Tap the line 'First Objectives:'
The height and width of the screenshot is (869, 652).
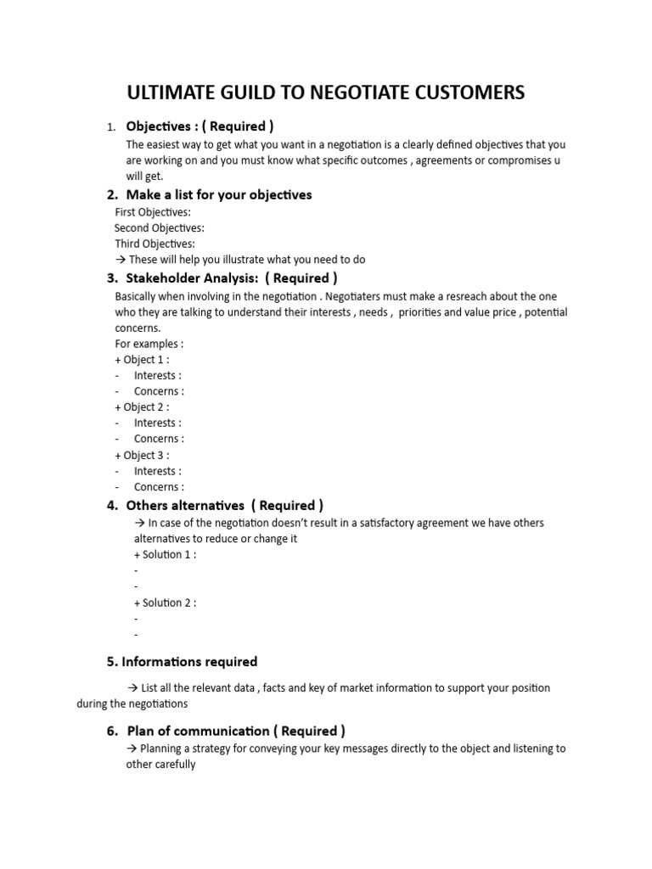153,212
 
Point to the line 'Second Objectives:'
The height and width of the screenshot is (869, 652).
159,227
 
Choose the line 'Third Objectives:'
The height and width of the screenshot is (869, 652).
155,244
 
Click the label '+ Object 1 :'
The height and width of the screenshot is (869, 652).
142,360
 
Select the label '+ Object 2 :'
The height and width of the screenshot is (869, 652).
142,407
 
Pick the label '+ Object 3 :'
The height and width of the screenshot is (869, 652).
142,455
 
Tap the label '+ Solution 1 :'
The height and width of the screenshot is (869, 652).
165,555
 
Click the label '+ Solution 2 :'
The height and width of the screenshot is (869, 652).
165,603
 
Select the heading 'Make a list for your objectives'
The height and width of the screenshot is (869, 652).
218,195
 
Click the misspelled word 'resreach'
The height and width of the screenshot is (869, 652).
452,296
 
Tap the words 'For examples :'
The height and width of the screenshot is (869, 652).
149,344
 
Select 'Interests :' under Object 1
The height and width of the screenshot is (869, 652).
157,375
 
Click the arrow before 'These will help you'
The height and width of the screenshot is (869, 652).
120,260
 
